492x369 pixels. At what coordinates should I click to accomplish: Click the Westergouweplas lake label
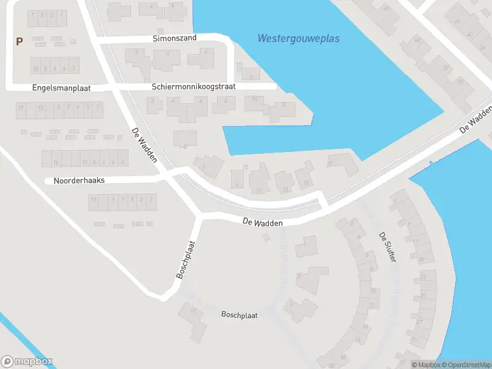(x=298, y=39)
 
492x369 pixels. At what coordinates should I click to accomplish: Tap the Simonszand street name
(x=175, y=38)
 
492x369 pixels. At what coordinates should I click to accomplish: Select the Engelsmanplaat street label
(x=61, y=89)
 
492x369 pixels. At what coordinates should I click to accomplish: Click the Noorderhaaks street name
(x=79, y=181)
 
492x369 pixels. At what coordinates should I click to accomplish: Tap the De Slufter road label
(x=387, y=248)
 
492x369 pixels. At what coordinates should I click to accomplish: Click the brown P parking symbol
(x=19, y=42)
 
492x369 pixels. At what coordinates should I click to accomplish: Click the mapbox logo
(x=27, y=361)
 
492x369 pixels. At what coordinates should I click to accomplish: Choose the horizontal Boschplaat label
(x=239, y=314)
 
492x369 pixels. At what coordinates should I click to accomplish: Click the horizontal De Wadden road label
(x=263, y=223)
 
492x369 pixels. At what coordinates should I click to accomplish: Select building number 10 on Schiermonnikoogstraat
(x=255, y=101)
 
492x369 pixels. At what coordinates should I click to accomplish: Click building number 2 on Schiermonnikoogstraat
(x=154, y=104)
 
